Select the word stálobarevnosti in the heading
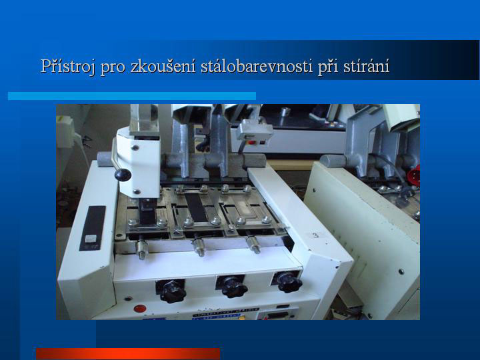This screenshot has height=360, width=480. coord(257,66)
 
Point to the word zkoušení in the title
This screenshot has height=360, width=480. coord(163,66)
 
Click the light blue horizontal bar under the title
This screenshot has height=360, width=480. coord(132,96)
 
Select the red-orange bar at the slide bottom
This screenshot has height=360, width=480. coord(128,353)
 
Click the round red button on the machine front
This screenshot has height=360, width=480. coord(139,308)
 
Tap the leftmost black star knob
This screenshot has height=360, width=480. coord(173,291)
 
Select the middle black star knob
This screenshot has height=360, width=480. coord(233,287)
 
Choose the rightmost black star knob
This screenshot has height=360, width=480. coord(289,282)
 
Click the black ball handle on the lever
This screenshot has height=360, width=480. coord(123,175)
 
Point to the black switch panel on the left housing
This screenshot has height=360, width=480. coord(93,228)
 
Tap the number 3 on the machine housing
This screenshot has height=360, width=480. coord(315,235)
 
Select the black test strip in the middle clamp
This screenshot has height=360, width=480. coord(196,207)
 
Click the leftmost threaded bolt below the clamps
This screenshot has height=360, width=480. coord(142,249)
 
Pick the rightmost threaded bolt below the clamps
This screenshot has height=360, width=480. coord(254,244)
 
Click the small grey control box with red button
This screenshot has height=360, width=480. coord(255,132)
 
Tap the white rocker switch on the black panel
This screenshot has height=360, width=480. coord(91,239)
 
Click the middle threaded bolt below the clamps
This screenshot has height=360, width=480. coord(199,247)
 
